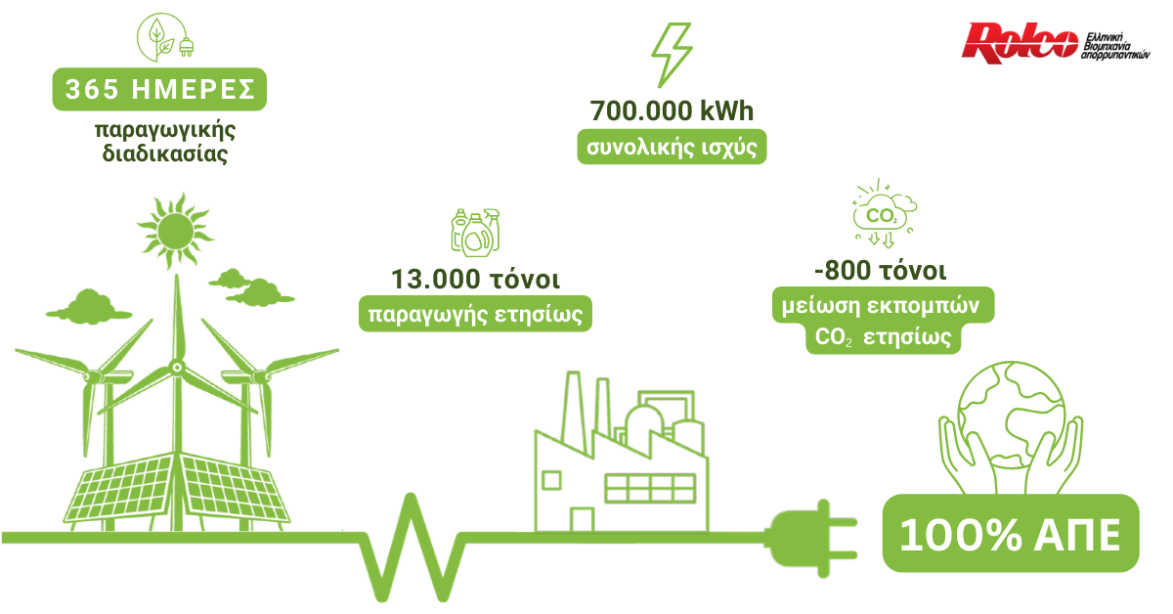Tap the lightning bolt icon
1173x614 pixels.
coord(671,53)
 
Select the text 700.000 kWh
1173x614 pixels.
coord(672,111)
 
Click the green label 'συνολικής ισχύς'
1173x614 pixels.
coord(672,148)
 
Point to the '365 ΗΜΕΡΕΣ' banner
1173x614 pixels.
coord(159,90)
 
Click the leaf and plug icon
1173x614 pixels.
coord(159,36)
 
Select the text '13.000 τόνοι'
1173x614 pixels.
coord(476,280)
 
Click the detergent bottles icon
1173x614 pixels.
coord(475,232)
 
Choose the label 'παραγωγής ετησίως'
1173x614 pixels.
coord(476,315)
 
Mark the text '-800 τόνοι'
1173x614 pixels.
coord(880,270)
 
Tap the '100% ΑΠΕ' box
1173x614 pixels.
coord(1011,534)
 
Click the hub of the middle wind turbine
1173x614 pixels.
coord(177,367)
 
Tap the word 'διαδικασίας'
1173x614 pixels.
coord(165,154)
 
